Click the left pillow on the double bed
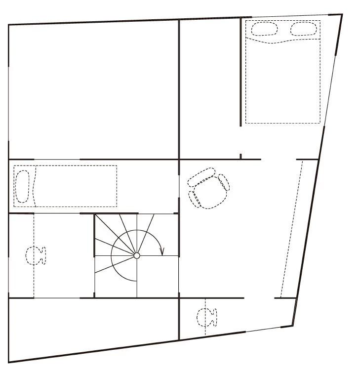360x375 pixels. pos(260,28)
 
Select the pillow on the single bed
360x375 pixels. pos(23,186)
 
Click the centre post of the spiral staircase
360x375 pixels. pos(137,255)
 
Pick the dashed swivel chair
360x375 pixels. pos(209,188)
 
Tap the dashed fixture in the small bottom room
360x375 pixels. pos(206,317)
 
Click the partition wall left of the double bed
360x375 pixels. pos(241,72)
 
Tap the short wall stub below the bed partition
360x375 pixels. pos(240,157)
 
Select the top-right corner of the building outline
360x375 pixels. pos(342,14)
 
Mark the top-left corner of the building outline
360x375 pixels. pos(9,25)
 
